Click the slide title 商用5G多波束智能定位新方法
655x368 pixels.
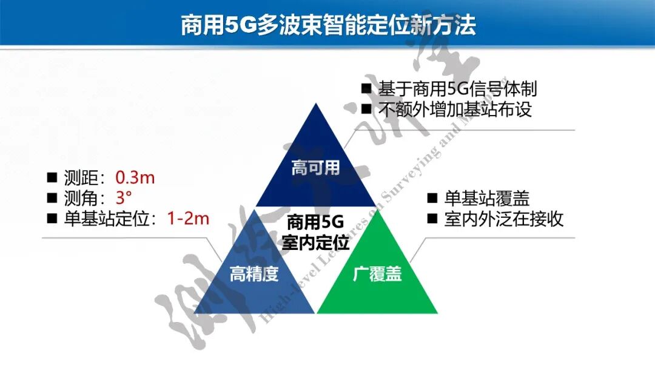point(328,25)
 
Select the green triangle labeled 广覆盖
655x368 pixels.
point(377,284)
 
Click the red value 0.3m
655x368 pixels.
point(135,177)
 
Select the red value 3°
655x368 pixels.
point(123,197)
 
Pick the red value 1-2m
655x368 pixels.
point(188,218)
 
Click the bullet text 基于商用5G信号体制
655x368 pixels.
point(458,89)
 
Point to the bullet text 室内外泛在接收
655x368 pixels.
point(503,218)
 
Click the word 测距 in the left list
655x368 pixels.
point(80,177)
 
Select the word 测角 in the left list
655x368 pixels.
point(80,197)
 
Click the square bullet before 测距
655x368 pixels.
point(52,177)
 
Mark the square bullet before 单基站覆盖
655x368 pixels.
point(432,198)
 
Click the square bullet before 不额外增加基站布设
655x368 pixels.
point(366,110)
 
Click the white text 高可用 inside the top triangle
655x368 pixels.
point(315,168)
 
